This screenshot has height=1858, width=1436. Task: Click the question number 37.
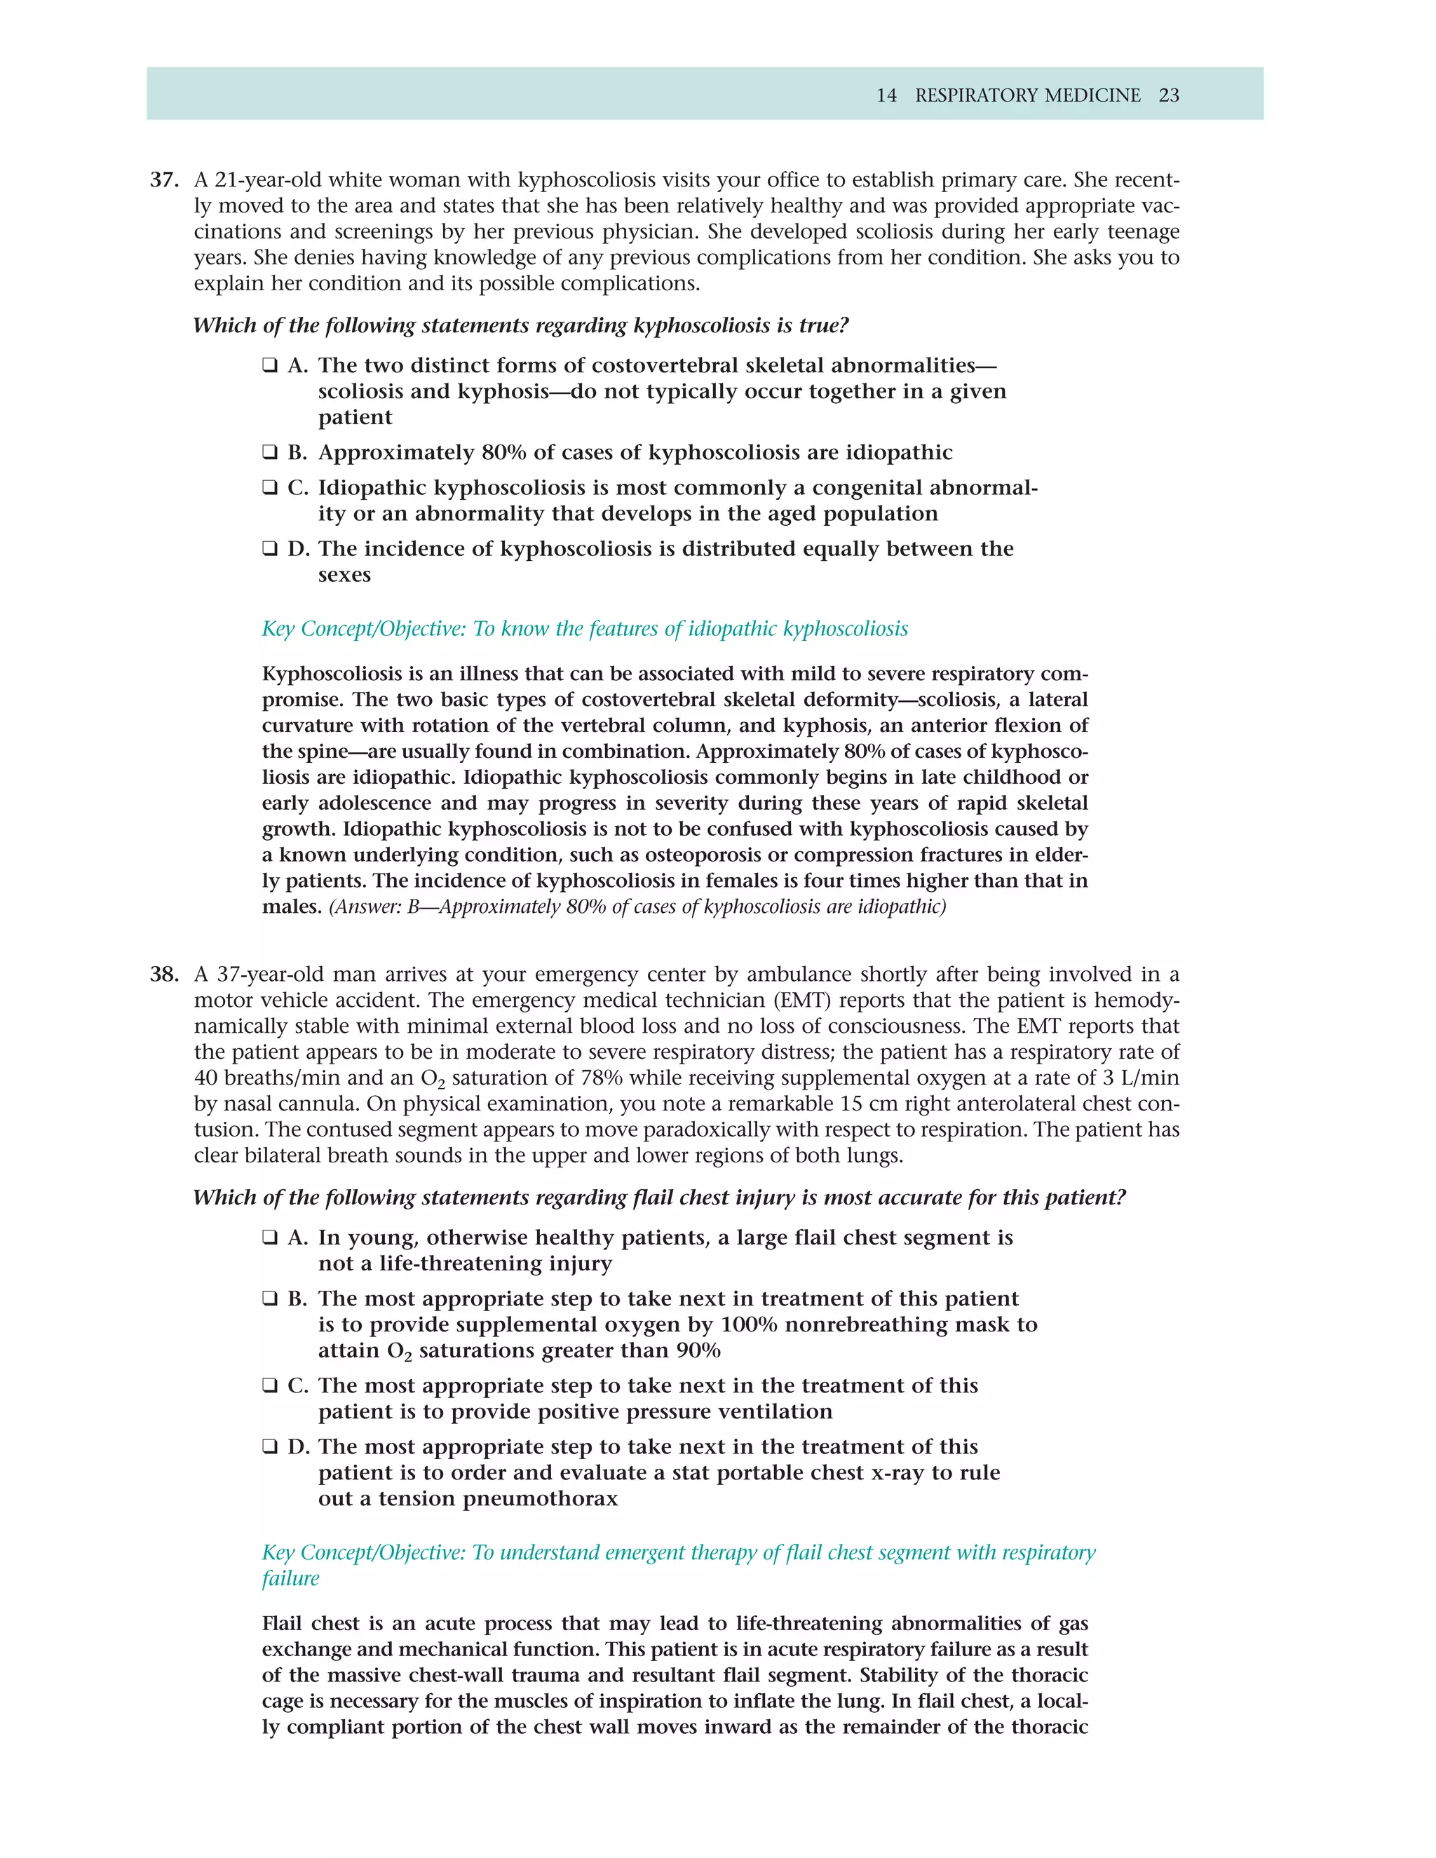(x=164, y=180)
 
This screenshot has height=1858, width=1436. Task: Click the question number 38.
(x=164, y=974)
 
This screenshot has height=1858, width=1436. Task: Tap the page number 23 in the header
(x=1169, y=95)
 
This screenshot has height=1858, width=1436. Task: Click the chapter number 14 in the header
(x=886, y=95)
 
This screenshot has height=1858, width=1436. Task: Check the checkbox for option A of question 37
(x=270, y=366)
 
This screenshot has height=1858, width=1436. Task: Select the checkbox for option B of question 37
(x=270, y=453)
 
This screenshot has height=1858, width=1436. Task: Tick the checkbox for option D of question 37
(x=270, y=549)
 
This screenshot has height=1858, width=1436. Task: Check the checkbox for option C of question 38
(x=270, y=1386)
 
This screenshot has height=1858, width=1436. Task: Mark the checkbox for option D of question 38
(x=270, y=1447)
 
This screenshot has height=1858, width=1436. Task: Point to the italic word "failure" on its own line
(x=290, y=1579)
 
